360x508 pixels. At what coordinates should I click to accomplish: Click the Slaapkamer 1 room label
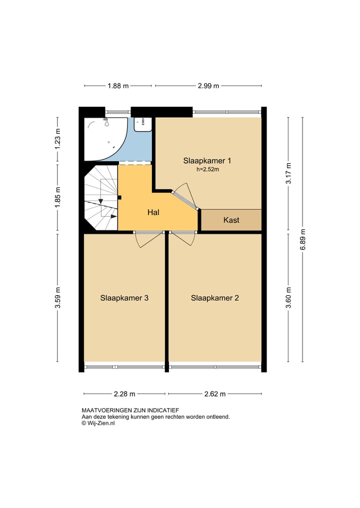pos(207,161)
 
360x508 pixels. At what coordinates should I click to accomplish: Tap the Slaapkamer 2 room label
pos(214,298)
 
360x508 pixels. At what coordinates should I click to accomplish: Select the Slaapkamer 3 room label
pos(124,298)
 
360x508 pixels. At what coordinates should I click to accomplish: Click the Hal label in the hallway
pos(153,212)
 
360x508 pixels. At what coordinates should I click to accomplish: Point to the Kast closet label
pos(231,220)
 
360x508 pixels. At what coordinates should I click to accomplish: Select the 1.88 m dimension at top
pos(118,86)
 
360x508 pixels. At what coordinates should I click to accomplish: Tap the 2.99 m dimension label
pos(208,86)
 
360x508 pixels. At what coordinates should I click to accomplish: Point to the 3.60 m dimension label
pos(288,298)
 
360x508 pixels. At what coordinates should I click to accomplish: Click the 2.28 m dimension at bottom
pos(124,394)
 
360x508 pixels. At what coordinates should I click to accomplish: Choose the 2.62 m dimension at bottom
pos(215,394)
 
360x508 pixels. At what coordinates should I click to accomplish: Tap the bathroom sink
pos(143,123)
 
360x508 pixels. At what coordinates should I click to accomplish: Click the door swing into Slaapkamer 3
pos(149,239)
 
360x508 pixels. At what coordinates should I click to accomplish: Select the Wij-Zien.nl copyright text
pos(98,423)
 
